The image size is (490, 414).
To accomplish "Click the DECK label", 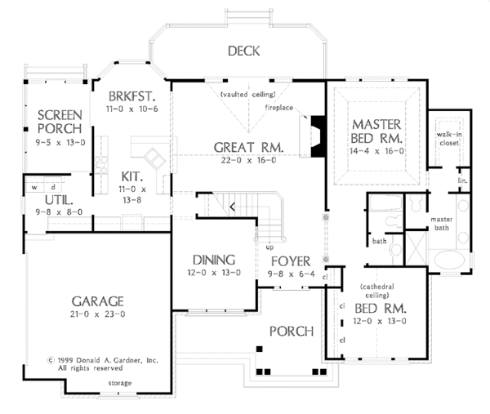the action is click(243, 51).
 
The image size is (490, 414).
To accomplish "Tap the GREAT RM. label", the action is click(248, 147).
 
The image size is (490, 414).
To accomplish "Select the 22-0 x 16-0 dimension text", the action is click(249, 160).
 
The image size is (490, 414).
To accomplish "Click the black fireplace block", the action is click(318, 136).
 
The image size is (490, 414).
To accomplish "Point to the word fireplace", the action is click(279, 108).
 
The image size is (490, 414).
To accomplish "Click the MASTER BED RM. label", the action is click(376, 131).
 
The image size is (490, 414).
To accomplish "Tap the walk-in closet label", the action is click(449, 139).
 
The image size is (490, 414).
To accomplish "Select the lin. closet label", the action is click(463, 180).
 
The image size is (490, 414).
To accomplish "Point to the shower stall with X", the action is click(416, 247).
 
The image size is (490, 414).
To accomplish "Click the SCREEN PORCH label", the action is click(60, 122).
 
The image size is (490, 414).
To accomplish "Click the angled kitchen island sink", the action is click(154, 158).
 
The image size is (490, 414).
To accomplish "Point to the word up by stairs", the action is click(269, 247).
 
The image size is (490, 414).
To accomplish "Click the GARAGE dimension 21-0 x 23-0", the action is click(97, 314).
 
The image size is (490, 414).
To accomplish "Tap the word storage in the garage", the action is click(120, 383).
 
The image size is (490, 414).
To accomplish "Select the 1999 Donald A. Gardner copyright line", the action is click(103, 360).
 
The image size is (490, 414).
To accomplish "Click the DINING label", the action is click(214, 260).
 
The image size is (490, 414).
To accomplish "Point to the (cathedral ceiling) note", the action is click(377, 291).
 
